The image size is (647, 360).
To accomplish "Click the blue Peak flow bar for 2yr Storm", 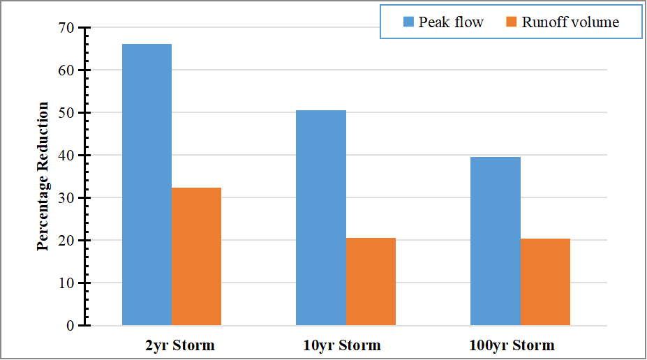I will pos(147,185).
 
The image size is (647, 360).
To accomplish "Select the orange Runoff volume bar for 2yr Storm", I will pos(196,257).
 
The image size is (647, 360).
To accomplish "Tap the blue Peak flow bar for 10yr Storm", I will pos(321,218).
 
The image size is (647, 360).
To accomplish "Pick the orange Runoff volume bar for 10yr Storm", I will pos(371,282).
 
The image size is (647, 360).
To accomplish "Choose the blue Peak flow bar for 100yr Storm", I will pos(496,241).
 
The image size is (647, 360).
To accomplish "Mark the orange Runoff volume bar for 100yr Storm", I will pos(545,282).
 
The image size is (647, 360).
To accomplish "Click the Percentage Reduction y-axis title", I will pos(43,177).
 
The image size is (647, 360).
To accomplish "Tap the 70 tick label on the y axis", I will pos(66,28).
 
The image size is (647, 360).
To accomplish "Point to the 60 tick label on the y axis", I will pos(66,70).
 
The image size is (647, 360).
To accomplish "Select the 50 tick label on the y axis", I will pos(66,113).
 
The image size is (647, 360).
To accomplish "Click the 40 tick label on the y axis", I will pos(66,156).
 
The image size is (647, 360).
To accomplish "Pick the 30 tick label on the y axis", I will pos(66,198).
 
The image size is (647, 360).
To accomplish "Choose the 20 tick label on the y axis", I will pos(66,241).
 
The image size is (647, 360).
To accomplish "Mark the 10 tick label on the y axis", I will pos(66,283).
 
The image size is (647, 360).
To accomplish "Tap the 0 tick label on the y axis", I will pos(70,326).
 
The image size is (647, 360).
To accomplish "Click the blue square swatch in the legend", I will pos(408,22).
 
